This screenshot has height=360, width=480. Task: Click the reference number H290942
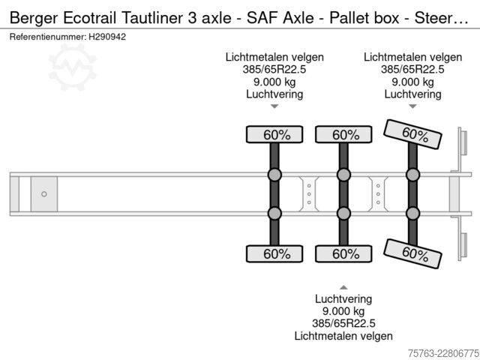pos(107,37)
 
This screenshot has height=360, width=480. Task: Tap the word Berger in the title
pos(34,18)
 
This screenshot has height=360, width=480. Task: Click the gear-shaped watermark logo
pos(72,67)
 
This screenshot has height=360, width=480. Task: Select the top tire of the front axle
pos(274,134)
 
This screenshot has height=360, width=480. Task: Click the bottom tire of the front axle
pos(274,253)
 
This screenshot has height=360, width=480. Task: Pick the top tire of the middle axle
pos(343,134)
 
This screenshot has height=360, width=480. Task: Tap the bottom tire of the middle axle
pos(343,253)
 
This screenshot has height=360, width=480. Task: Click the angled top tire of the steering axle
pos(412,134)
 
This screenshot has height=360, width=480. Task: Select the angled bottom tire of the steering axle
pos(412,253)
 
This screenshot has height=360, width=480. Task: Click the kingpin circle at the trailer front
pos(44,194)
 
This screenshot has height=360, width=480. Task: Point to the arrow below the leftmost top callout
pos(274,106)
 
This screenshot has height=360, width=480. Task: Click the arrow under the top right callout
pos(412,106)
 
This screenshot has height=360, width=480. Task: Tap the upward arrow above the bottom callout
pos(343,287)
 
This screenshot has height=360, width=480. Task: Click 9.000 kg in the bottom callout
pos(343,311)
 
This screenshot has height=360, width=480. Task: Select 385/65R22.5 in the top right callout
pos(412,70)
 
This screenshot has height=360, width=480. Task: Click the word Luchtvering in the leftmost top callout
pos(274,94)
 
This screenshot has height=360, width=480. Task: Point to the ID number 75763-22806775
pos(443,353)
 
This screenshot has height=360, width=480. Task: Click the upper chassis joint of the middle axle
pos(343,175)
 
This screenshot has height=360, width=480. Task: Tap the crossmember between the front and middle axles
pos(309,194)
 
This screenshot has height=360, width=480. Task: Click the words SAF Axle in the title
pos(280,18)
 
